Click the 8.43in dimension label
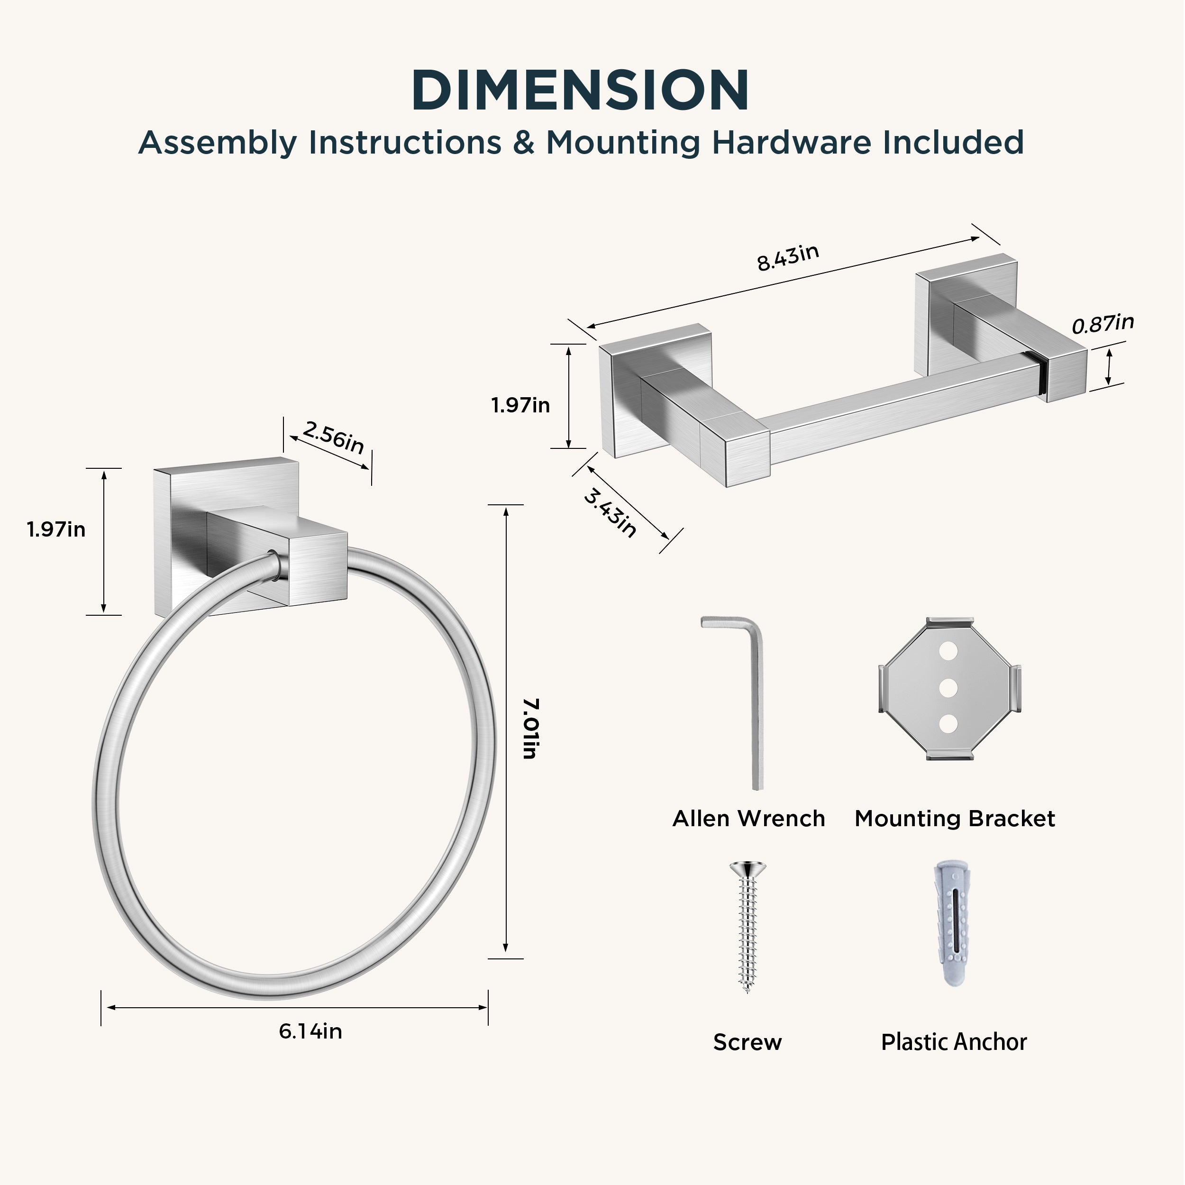(788, 257)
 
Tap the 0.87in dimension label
(1103, 324)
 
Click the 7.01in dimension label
(530, 729)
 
